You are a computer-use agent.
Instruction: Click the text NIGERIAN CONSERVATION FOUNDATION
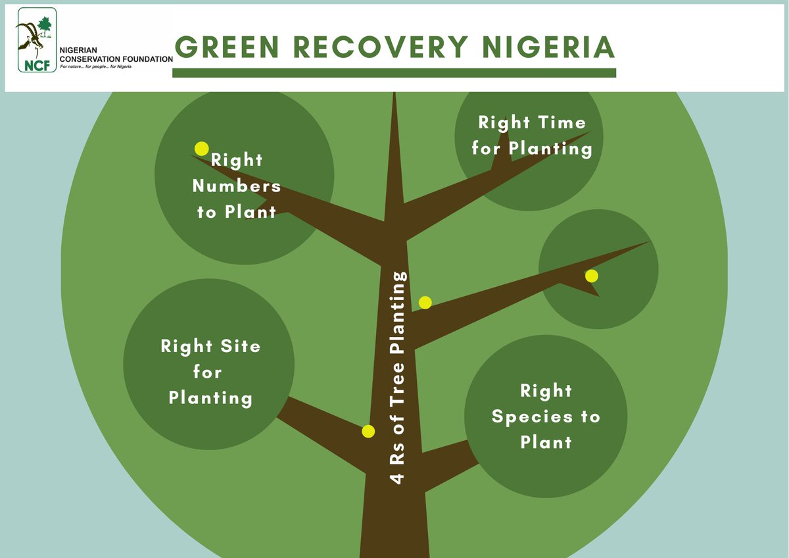[116, 55]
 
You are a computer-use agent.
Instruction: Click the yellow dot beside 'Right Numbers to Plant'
[202, 149]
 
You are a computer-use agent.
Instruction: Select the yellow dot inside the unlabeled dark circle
[592, 276]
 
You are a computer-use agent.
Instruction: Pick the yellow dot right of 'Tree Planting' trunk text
[425, 303]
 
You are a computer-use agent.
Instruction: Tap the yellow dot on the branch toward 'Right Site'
[368, 432]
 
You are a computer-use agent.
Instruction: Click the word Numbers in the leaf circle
[237, 186]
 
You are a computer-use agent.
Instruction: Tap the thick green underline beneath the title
[394, 73]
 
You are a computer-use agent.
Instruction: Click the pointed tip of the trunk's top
[394, 95]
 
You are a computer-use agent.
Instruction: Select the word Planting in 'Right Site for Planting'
[210, 399]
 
